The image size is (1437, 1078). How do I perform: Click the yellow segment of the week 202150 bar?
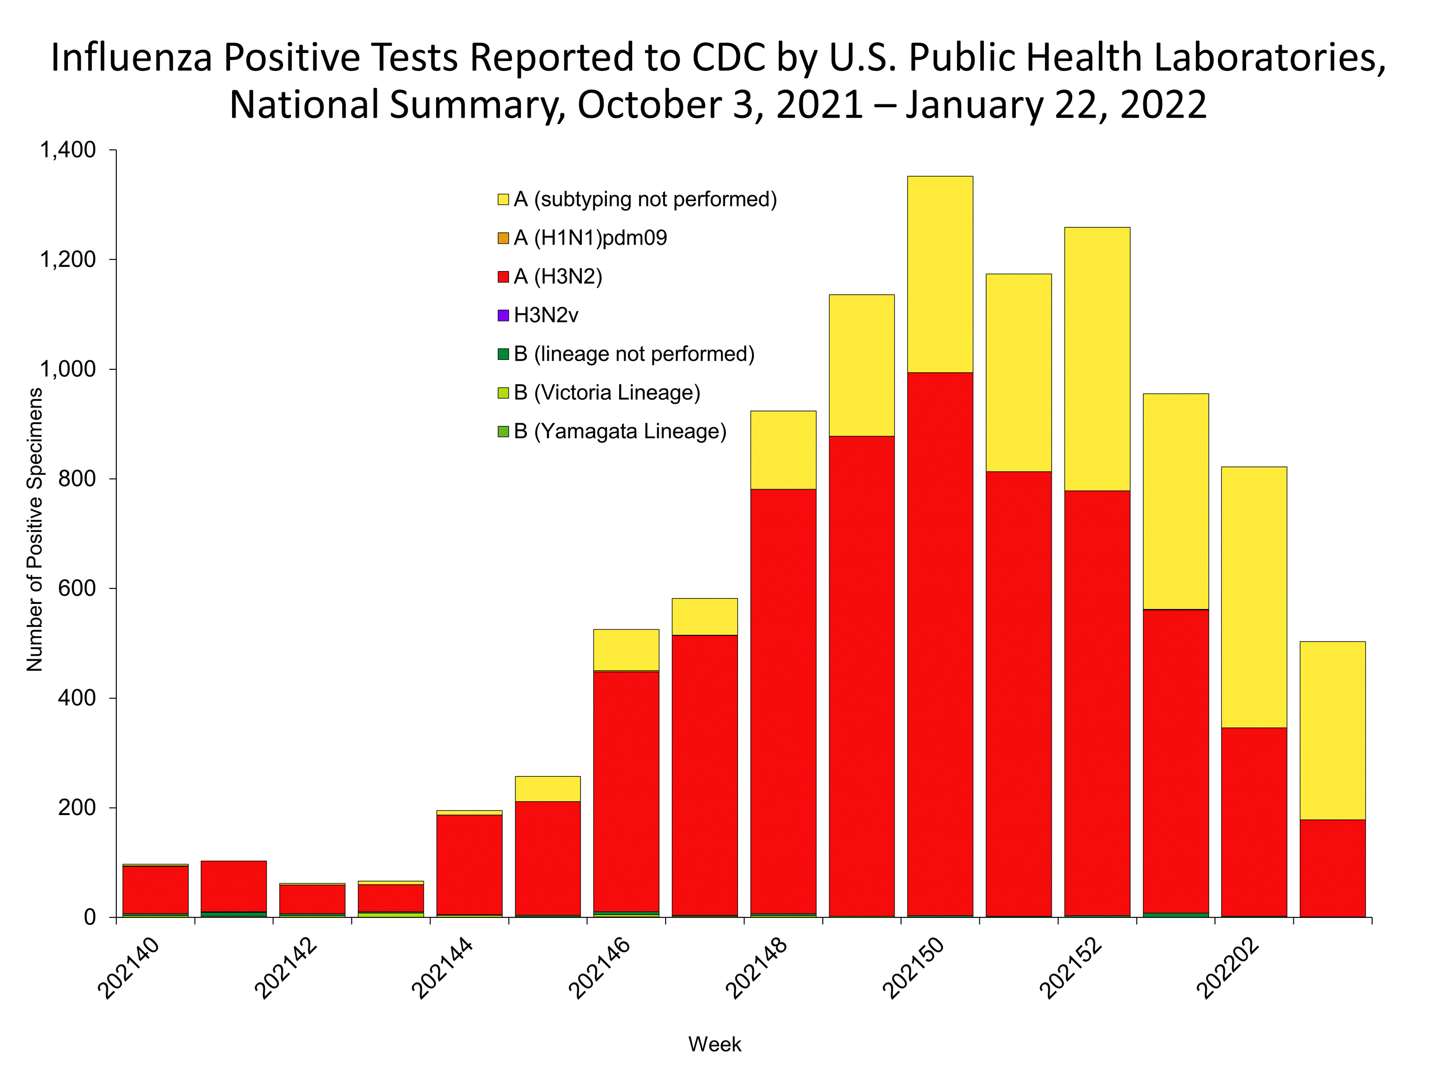coord(940,274)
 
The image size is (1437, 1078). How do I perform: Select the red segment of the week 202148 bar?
coord(783,702)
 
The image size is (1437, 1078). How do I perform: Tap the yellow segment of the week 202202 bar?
coord(1254,597)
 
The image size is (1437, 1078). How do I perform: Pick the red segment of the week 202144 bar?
coord(469,864)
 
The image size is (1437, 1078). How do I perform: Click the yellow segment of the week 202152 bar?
coord(1097,359)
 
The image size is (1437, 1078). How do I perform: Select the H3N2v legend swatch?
coord(503,316)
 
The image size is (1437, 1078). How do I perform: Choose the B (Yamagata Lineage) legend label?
coord(620,432)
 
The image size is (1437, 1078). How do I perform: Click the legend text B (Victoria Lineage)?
coord(607,392)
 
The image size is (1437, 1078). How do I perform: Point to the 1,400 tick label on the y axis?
coord(67,150)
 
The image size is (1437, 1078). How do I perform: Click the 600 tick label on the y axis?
coord(77,588)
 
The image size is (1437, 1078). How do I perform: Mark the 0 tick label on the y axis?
coord(90,917)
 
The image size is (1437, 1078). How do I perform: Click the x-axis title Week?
coord(715,1044)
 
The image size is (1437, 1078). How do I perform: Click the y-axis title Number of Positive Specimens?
coord(34,530)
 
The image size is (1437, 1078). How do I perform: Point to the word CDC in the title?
coord(729,57)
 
